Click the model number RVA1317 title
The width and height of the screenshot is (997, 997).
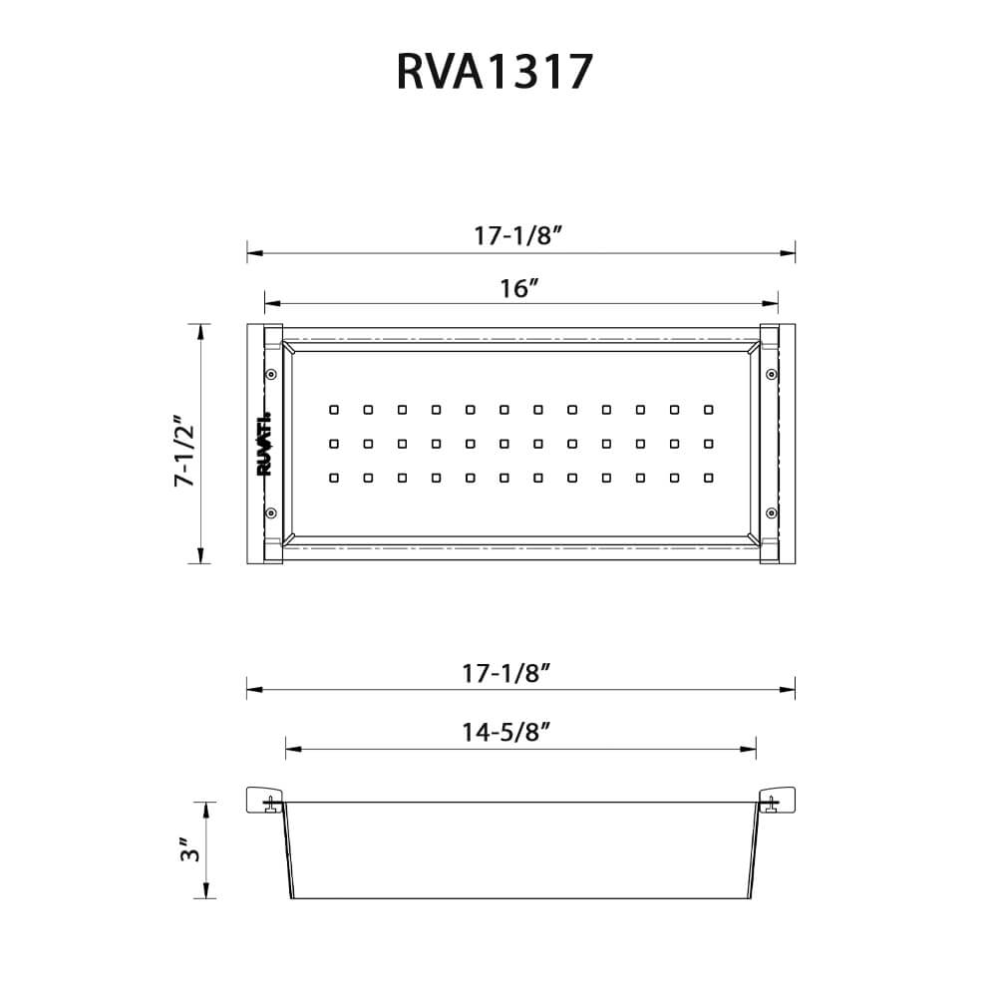496,73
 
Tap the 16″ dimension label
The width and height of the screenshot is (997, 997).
520,289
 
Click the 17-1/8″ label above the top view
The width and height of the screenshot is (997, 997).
520,237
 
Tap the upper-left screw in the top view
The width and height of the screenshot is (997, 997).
271,375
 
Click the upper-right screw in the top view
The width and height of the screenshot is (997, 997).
770,375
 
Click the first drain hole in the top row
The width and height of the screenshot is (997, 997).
334,409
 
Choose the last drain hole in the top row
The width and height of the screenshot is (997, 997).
708,409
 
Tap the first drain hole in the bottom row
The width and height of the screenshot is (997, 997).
334,478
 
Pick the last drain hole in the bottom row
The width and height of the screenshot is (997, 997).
708,478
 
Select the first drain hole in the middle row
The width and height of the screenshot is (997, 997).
334,444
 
